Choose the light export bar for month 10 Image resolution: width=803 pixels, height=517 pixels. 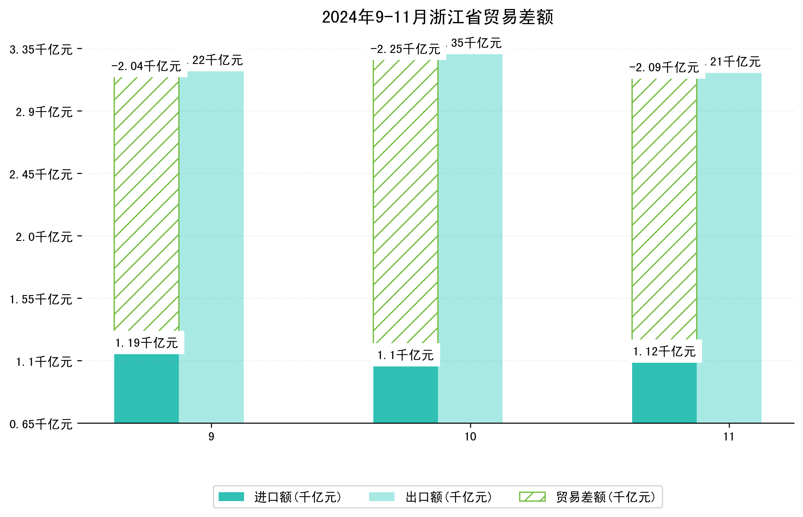point(470,238)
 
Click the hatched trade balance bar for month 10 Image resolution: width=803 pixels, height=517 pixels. point(405,201)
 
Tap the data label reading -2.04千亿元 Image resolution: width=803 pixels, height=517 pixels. point(146,66)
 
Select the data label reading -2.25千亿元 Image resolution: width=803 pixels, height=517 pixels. point(405,49)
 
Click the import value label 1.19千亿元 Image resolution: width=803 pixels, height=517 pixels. point(146,343)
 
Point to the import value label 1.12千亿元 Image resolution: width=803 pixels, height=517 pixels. point(664,351)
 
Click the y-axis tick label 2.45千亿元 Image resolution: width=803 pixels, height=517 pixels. point(41,174)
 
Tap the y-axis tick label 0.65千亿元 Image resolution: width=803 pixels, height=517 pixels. point(41,424)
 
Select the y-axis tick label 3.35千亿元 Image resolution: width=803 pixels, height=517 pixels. point(41,50)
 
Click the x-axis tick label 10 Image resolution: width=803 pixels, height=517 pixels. point(470,436)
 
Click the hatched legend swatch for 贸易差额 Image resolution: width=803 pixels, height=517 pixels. point(532,497)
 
